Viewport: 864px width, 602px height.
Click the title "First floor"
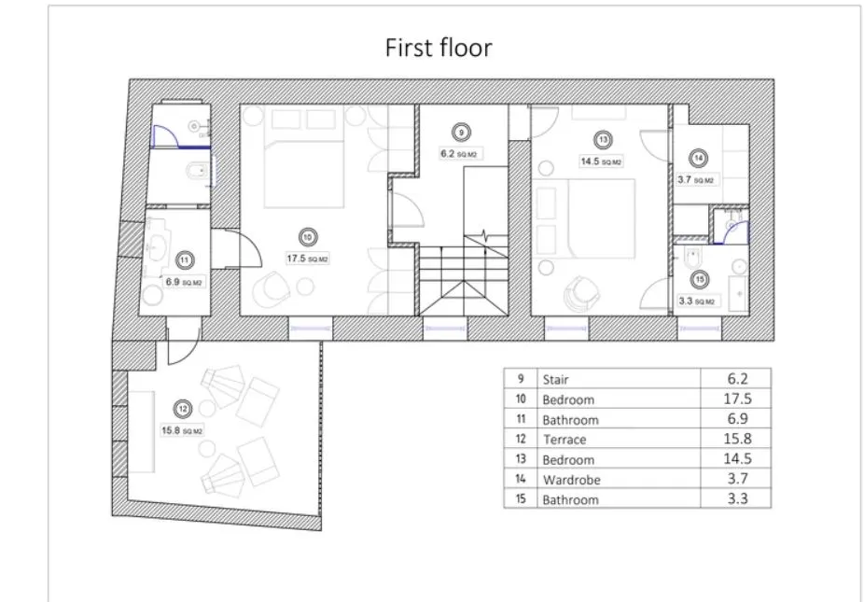pos(438,48)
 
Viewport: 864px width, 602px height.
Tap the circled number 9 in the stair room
pos(461,133)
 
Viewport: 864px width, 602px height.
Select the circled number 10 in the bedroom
pos(308,238)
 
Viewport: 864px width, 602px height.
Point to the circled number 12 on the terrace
pos(183,409)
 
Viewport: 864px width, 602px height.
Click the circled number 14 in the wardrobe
pos(698,159)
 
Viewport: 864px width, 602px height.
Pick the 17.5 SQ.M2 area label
pos(308,259)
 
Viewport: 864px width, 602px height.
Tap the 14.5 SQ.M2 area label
pos(601,162)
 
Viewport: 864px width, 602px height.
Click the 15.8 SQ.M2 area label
pos(182,430)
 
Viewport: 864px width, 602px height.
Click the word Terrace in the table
pos(564,440)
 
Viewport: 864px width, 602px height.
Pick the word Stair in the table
pos(555,380)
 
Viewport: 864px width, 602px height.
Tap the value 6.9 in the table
pos(737,418)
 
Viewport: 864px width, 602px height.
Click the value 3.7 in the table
pos(737,479)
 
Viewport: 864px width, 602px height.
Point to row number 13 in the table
pos(521,459)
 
